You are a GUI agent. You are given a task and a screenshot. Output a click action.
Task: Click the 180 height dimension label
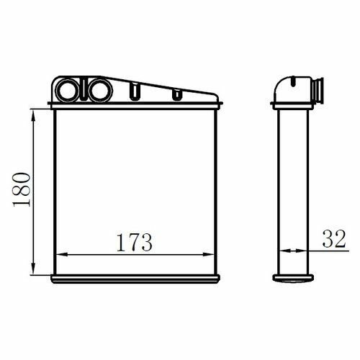click(x=22, y=189)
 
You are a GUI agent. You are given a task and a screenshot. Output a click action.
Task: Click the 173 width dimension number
click(x=135, y=243)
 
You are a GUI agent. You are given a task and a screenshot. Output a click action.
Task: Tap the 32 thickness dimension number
click(x=334, y=238)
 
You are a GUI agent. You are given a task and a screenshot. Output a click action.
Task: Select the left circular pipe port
click(x=67, y=90)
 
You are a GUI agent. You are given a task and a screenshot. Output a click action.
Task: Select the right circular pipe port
click(x=100, y=90)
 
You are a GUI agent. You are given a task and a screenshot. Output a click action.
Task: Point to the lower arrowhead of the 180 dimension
click(x=33, y=269)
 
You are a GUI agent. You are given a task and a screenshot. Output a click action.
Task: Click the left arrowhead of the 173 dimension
click(x=63, y=255)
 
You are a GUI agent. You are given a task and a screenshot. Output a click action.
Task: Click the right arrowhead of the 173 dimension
click(x=208, y=255)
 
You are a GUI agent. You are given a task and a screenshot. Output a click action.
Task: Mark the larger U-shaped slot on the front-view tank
click(x=135, y=91)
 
